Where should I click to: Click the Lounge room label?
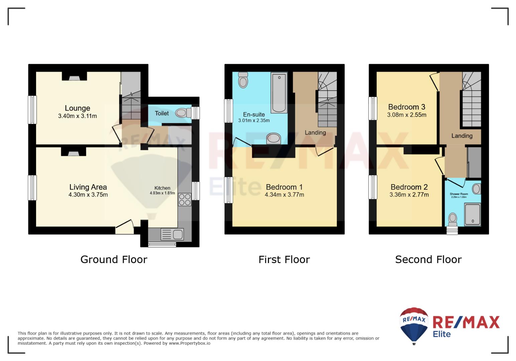click(78, 108)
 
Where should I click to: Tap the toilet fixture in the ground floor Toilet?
click(183, 113)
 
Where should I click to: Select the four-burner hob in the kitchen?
click(185, 200)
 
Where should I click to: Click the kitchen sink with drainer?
click(172, 235)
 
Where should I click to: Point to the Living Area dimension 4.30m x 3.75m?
click(88, 195)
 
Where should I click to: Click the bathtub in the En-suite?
click(279, 93)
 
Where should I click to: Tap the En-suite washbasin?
click(273, 138)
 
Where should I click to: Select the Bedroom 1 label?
click(284, 187)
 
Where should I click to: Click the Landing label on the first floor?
click(315, 132)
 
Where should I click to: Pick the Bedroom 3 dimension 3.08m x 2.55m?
click(407, 115)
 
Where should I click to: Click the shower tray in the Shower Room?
click(473, 214)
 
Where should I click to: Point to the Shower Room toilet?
click(453, 220)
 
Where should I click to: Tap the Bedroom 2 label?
click(409, 187)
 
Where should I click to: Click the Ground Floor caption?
click(114, 259)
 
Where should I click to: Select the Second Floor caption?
click(428, 259)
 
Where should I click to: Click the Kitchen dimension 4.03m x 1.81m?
click(162, 193)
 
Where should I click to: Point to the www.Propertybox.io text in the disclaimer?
click(189, 343)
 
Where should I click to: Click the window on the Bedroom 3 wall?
click(373, 109)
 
